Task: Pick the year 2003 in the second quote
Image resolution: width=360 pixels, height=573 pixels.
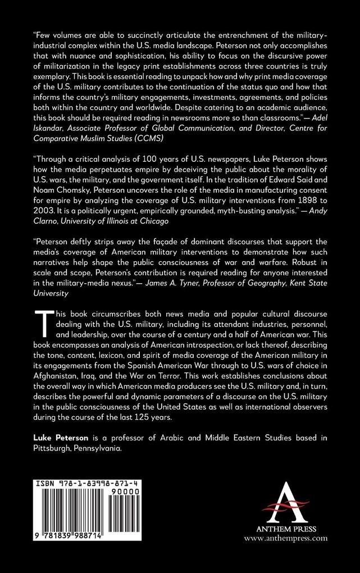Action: tap(46, 217)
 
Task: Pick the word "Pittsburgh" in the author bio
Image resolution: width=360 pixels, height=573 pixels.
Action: tap(53, 454)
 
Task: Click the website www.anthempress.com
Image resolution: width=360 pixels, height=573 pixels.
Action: tap(285, 537)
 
